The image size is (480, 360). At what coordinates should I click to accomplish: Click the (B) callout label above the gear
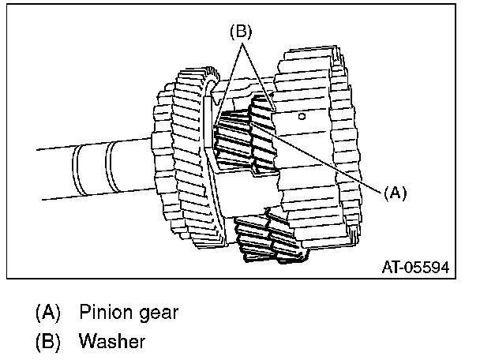[x=240, y=33]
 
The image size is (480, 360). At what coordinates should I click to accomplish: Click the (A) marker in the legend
[x=47, y=312]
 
